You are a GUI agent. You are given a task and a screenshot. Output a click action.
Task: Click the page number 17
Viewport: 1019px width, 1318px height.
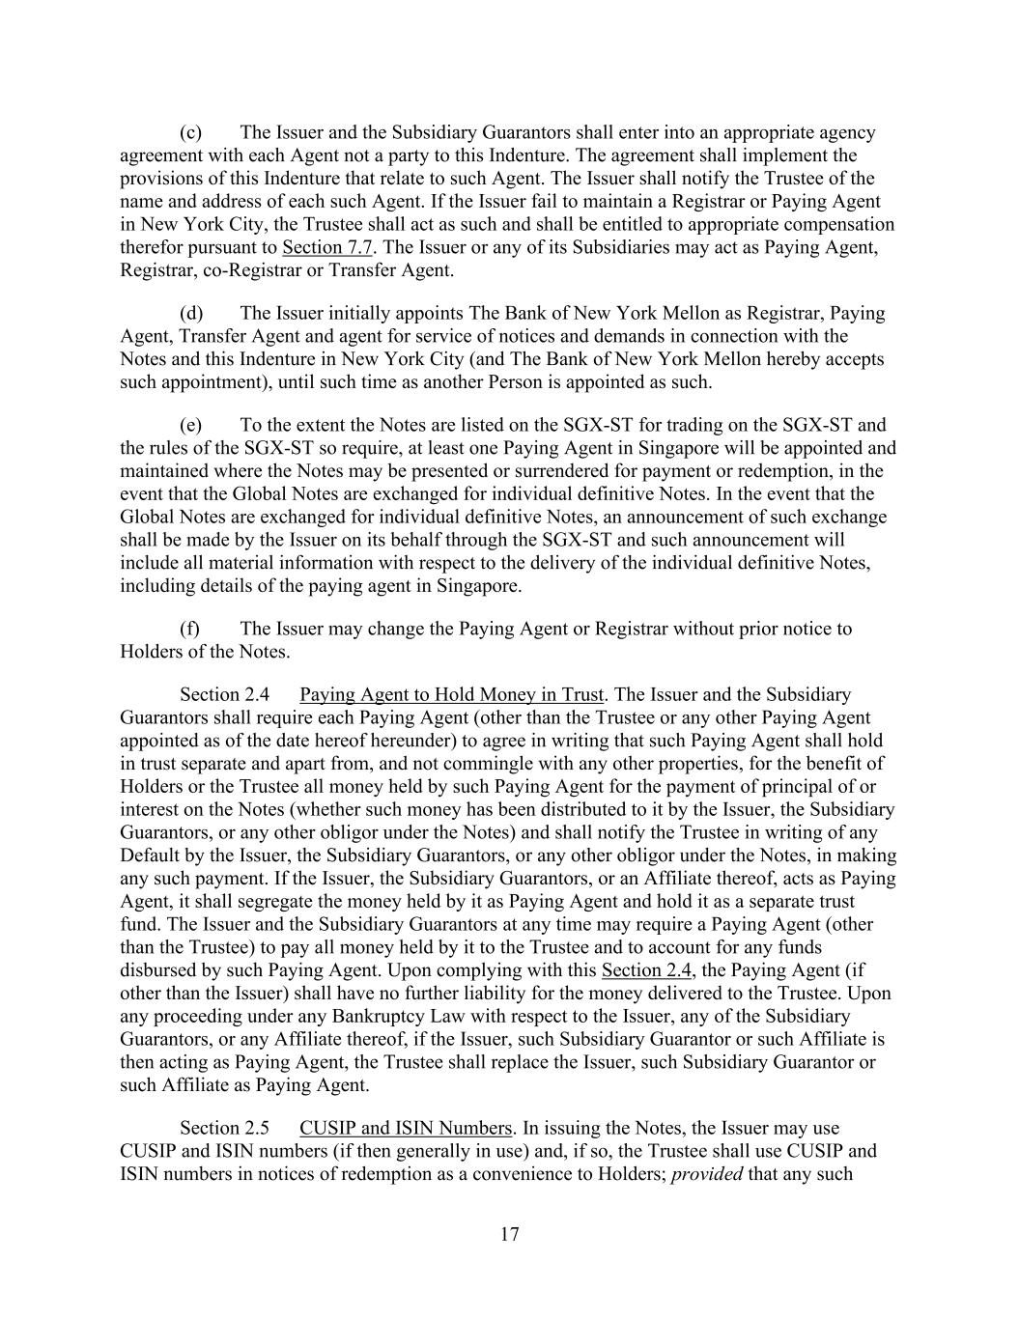[510, 1234]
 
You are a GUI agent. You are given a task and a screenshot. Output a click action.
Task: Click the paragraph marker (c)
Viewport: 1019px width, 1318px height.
[190, 132]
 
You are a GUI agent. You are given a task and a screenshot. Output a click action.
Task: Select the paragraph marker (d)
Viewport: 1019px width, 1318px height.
[190, 313]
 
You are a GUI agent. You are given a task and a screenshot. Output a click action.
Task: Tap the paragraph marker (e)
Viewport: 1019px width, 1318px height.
[190, 425]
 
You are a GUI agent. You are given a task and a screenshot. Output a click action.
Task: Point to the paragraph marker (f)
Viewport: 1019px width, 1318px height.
[189, 629]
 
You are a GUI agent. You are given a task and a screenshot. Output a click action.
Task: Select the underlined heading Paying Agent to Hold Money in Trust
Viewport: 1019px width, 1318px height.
[452, 694]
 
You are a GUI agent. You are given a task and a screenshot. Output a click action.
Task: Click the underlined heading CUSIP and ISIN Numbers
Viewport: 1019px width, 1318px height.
[406, 1128]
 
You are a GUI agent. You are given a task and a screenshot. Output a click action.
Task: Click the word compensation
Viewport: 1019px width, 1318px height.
[839, 224]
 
